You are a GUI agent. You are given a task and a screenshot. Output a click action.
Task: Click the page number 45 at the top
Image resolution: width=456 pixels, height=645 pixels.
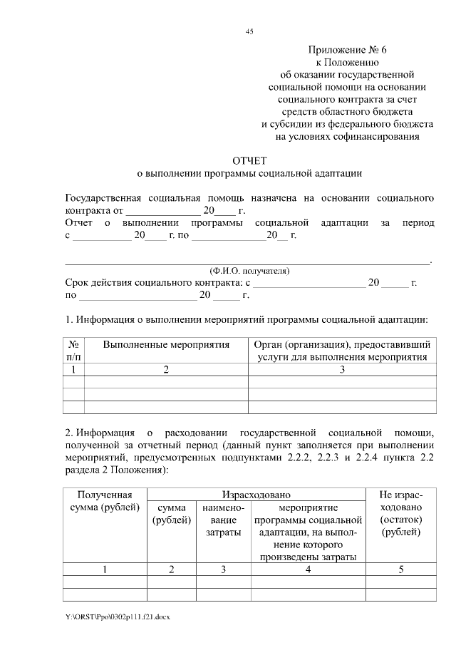249,31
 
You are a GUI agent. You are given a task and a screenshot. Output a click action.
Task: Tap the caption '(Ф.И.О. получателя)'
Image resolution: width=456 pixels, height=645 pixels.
249,271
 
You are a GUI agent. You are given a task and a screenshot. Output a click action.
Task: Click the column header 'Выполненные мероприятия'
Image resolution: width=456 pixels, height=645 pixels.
166,345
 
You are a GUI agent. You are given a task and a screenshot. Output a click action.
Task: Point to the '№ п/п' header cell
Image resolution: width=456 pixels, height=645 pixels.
74,351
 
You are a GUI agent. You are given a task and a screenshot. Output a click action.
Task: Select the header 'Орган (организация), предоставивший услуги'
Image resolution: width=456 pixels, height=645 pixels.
341,351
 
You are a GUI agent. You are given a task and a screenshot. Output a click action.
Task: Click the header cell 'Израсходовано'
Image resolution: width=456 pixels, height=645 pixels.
256,494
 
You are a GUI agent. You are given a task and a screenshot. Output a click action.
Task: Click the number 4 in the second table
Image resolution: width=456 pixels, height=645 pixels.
308,569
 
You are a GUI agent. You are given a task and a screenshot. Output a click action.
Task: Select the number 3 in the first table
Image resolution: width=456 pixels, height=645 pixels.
341,369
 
